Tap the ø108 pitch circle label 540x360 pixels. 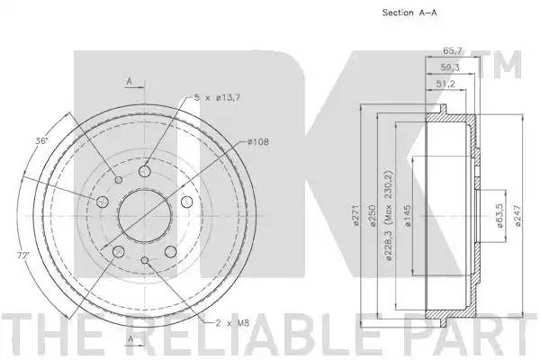pyautogui.click(x=256, y=142)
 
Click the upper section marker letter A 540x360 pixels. pyautogui.click(x=130, y=82)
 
